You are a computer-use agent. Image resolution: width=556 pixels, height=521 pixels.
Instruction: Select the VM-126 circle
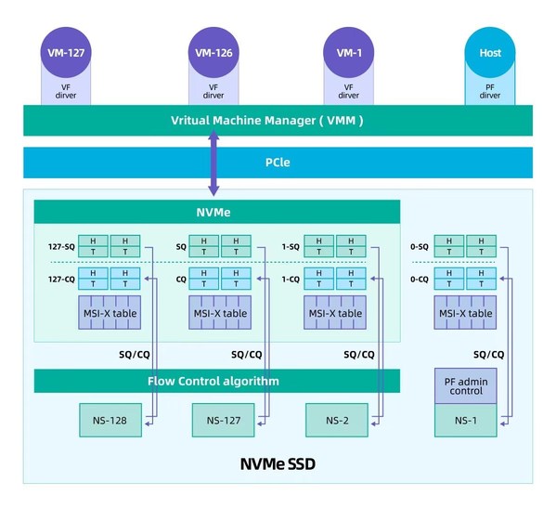[214, 53]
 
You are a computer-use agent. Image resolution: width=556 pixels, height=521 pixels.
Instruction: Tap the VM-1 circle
[349, 53]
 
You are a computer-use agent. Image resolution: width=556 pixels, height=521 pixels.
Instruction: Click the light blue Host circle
[490, 53]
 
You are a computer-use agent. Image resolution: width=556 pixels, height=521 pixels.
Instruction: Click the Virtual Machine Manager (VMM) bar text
[267, 121]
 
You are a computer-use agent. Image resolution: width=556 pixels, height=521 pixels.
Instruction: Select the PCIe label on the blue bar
[278, 162]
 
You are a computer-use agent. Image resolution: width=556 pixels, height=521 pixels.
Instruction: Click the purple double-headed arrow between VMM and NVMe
[214, 163]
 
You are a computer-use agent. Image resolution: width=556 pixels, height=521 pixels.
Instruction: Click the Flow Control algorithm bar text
[213, 381]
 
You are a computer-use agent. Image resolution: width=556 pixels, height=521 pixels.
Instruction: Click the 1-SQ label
[290, 247]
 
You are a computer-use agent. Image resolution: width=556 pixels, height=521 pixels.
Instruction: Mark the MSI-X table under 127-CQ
[109, 313]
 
